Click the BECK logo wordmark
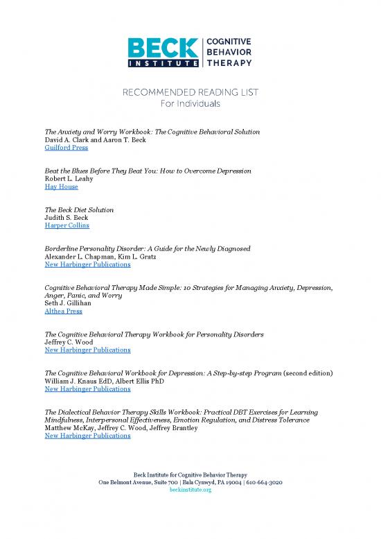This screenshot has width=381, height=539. tap(163, 46)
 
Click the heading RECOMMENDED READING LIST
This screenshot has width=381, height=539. tap(190, 92)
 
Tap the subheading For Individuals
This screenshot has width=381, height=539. tap(190, 104)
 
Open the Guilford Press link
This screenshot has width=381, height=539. tap(66, 148)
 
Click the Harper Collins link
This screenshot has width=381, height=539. tap(67, 225)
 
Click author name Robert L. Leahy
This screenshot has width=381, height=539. tap(71, 178)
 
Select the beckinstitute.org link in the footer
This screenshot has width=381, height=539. tap(190, 490)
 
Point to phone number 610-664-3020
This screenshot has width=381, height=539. tap(264, 481)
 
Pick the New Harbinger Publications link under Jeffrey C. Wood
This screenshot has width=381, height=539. tap(87, 350)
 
